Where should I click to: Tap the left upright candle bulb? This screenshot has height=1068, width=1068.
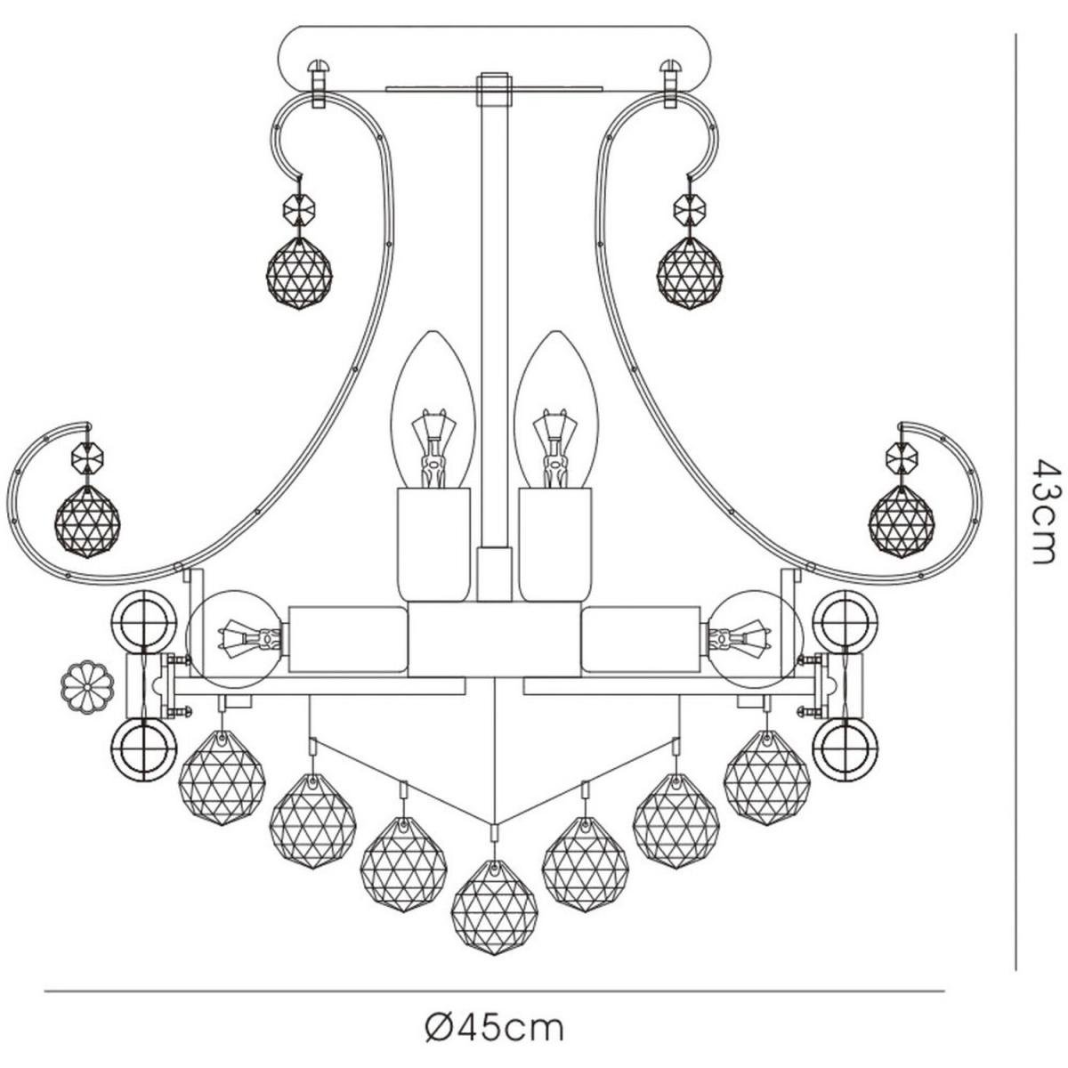433,410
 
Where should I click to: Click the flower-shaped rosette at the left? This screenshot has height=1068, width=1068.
87,687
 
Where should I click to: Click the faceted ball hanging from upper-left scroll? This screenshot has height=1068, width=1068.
299,273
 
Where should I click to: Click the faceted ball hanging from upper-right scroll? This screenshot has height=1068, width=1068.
690,273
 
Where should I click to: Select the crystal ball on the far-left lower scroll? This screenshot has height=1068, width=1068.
87,522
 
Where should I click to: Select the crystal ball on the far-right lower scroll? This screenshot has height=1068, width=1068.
902,522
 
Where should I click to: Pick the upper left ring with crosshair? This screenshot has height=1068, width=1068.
143,623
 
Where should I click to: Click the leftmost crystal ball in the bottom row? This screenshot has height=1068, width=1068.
222,777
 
